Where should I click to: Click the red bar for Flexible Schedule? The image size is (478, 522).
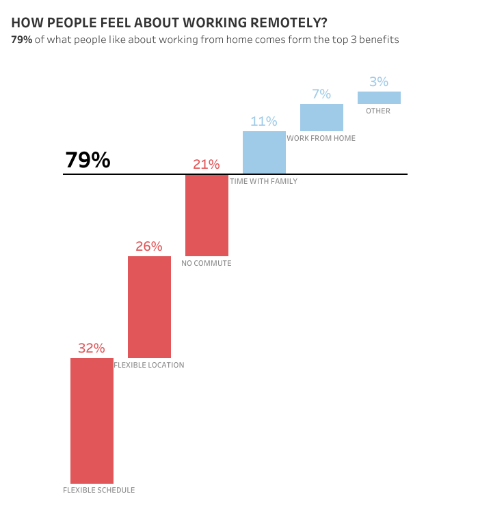pos(92,420)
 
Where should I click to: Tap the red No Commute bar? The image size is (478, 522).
pos(207,215)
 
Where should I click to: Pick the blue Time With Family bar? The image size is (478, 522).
pos(264,152)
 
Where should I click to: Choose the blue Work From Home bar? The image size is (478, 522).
pos(321,118)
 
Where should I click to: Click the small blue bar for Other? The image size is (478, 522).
pos(379,98)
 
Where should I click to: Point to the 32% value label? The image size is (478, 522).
pos(92,348)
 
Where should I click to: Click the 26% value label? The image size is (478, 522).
pos(149,247)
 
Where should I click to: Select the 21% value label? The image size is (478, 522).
pos(207,165)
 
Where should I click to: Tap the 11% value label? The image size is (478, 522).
pos(264,122)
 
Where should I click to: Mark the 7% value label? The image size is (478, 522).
pos(321,94)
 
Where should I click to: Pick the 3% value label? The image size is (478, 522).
pos(379,82)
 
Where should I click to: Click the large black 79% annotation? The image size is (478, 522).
pos(88,160)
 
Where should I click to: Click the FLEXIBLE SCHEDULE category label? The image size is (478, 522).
pos(99,490)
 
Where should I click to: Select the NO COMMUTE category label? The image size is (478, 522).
pos(207,263)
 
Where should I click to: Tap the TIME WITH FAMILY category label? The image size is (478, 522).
pos(264,182)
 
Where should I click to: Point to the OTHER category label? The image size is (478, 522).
pos(378,111)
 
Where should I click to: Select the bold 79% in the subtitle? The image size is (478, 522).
pos(21,40)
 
